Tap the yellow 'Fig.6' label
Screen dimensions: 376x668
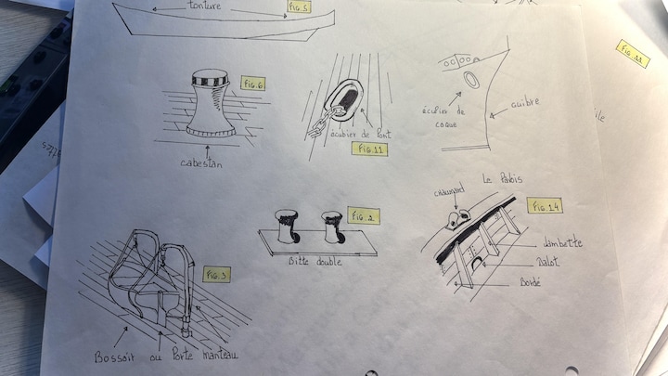(x=253, y=84)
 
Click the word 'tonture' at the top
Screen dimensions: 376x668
(x=205, y=6)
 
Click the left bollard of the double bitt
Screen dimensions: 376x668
(x=284, y=227)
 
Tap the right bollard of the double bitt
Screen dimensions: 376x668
(x=331, y=226)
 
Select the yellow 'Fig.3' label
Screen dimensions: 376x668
(x=215, y=275)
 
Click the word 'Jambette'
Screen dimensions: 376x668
(x=564, y=243)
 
